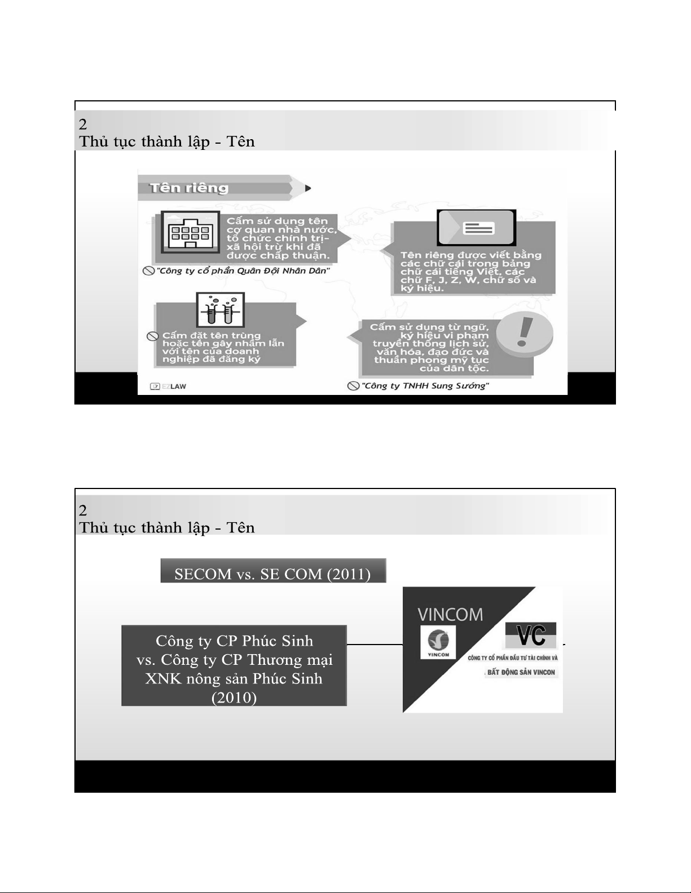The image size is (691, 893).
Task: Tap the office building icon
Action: click(x=190, y=232)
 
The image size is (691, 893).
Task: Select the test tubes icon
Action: click(x=220, y=309)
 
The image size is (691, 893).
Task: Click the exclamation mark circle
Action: click(x=524, y=334)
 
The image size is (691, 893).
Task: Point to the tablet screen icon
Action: click(x=476, y=227)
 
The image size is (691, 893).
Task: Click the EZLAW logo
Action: click(x=168, y=386)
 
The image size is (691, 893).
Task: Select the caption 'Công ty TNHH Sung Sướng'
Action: click(x=425, y=386)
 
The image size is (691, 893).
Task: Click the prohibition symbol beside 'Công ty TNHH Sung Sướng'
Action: click(x=353, y=386)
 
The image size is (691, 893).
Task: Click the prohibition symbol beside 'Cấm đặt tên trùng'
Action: click(x=153, y=336)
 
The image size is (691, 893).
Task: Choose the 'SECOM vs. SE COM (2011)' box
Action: click(x=273, y=570)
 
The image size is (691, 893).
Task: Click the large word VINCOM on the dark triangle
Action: click(x=450, y=615)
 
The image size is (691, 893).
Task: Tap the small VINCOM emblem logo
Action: click(x=438, y=642)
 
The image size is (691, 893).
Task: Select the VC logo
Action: click(x=531, y=635)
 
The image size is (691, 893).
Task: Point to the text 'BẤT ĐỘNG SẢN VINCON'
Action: click(x=521, y=672)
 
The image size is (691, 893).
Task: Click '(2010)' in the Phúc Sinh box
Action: click(x=234, y=697)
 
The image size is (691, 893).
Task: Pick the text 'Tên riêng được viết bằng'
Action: click(x=471, y=255)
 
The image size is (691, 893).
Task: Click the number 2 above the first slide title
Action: click(x=83, y=124)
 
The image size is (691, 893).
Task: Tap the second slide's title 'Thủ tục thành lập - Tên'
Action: click(x=166, y=528)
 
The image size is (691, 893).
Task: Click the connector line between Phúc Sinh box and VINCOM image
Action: click(x=375, y=645)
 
